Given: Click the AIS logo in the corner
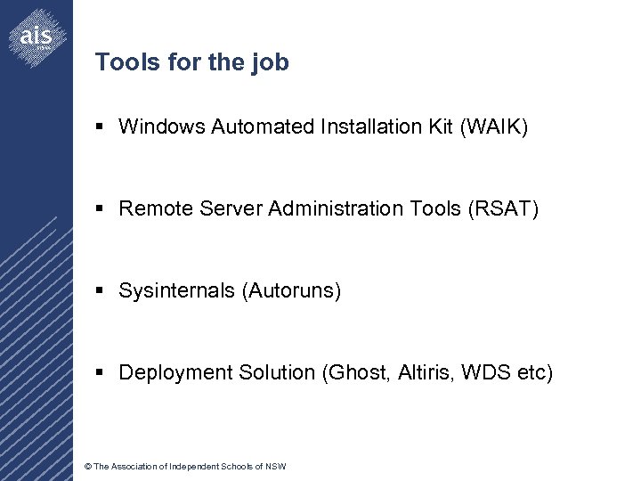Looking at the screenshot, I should click(x=36, y=37).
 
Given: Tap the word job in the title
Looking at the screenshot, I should click(x=272, y=62).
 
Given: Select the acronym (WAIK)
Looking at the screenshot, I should click(x=494, y=127).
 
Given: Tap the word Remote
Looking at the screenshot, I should click(x=153, y=208).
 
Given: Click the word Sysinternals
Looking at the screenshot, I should click(x=177, y=290).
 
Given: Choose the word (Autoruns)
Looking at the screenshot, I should click(x=291, y=290).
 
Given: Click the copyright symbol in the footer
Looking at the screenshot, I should click(x=86, y=467).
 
